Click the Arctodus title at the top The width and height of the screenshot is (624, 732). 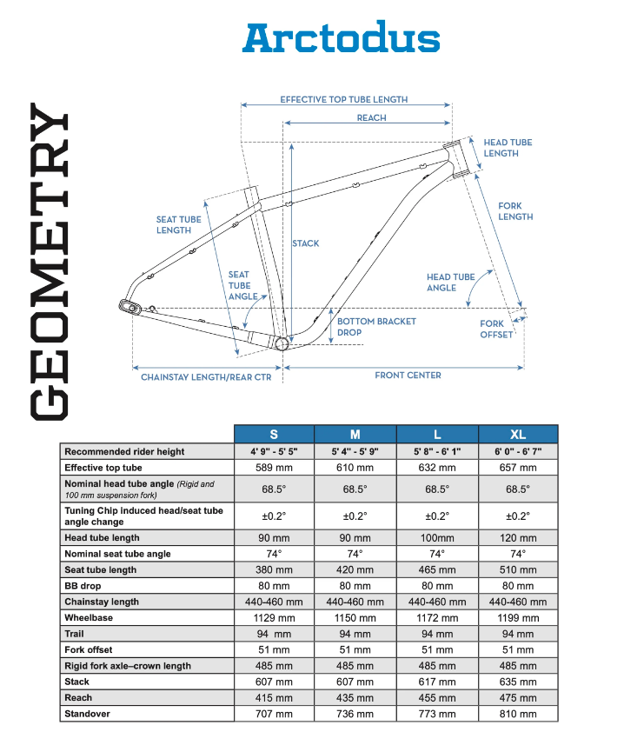click(341, 38)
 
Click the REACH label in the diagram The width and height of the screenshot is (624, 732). click(371, 117)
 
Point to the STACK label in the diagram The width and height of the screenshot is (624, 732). click(306, 243)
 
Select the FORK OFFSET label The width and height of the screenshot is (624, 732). click(496, 329)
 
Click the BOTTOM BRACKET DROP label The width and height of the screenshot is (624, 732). click(376, 327)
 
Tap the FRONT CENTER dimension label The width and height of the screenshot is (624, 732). click(408, 376)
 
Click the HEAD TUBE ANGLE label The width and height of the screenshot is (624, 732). click(450, 282)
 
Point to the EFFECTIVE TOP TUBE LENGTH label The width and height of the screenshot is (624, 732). click(343, 100)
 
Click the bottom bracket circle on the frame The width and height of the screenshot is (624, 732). click(282, 343)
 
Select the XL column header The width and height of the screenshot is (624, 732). click(518, 434)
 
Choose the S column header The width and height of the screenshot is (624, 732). click(274, 434)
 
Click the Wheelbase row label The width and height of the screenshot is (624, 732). click(89, 618)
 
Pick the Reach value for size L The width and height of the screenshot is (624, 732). click(437, 698)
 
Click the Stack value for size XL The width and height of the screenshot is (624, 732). click(518, 682)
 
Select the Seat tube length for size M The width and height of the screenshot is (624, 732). click(355, 570)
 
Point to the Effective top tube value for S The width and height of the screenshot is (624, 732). click(274, 468)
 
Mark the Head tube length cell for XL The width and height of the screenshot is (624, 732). click(518, 538)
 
